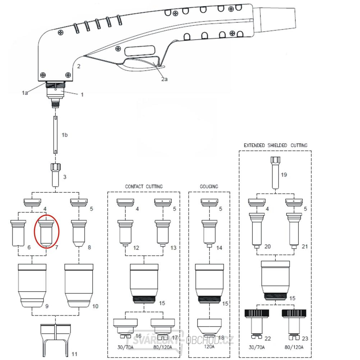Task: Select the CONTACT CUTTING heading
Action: [x=144, y=186]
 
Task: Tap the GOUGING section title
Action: [x=209, y=186]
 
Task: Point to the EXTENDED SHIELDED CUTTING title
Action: [x=275, y=145]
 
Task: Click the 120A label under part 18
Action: [x=209, y=347]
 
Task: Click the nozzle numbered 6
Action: [x=17, y=232]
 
